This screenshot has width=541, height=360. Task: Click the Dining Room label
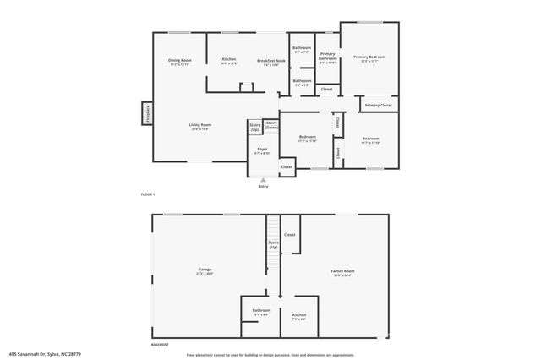(180, 61)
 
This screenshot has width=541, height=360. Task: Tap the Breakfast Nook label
(270, 61)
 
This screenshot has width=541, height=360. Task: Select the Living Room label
(200, 125)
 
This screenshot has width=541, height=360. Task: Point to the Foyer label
(263, 150)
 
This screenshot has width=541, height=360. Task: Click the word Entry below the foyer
(263, 186)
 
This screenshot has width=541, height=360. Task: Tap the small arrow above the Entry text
(263, 179)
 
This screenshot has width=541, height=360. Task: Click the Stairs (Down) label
(271, 124)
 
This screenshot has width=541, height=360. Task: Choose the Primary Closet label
(378, 106)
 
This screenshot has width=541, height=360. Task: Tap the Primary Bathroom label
(327, 57)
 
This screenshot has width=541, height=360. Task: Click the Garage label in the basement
(205, 270)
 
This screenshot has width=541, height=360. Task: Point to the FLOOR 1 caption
(148, 194)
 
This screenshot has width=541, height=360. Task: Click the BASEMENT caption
(160, 345)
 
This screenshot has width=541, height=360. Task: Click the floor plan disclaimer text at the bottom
(270, 355)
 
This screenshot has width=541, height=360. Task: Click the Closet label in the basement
(289, 235)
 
